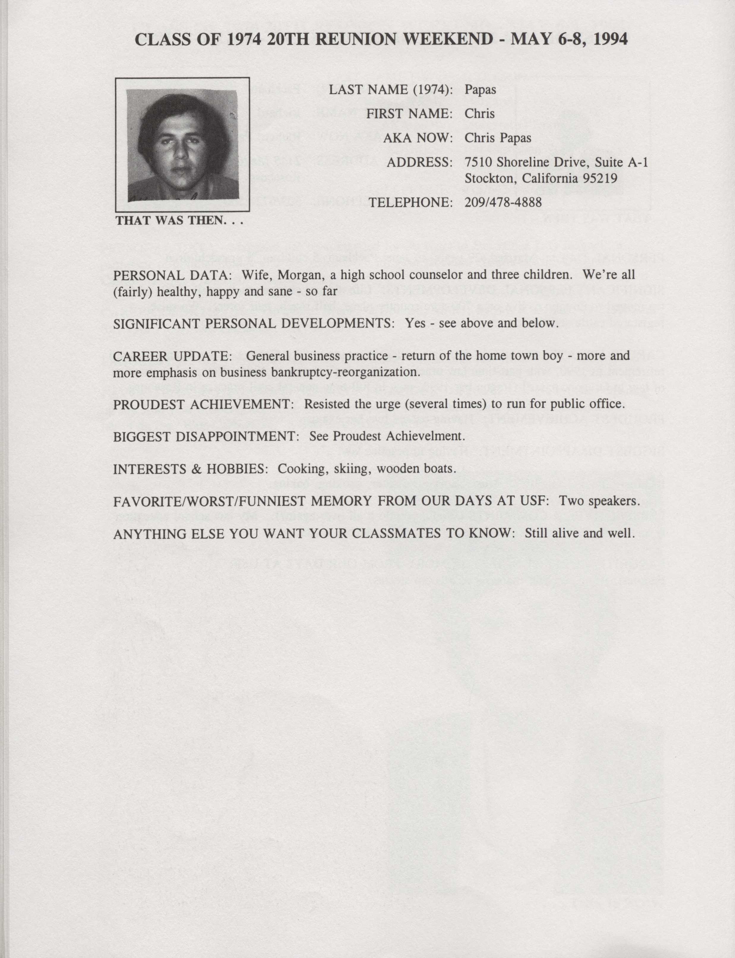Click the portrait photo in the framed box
point(182,145)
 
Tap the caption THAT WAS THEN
point(179,220)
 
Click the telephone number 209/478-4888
point(503,202)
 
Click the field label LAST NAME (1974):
point(391,90)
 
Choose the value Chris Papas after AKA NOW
point(498,138)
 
